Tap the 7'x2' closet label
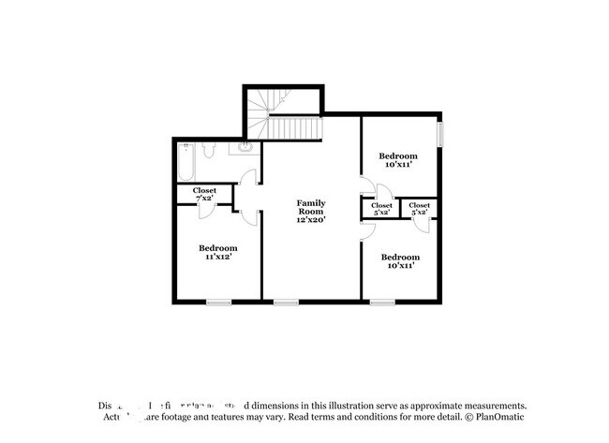tap(204, 195)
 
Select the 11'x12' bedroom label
tap(215, 252)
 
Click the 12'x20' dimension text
tap(311, 220)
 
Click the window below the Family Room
tap(286, 302)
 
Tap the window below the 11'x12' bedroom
tap(218, 302)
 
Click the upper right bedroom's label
tap(398, 159)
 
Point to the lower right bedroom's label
tap(399, 261)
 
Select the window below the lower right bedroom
tap(381, 302)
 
